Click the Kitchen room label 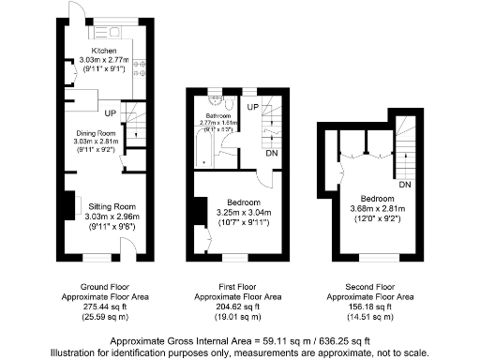103,51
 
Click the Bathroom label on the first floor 216,113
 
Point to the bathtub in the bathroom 204,146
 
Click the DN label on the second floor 404,185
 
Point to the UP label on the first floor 252,108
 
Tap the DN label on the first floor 270,153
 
